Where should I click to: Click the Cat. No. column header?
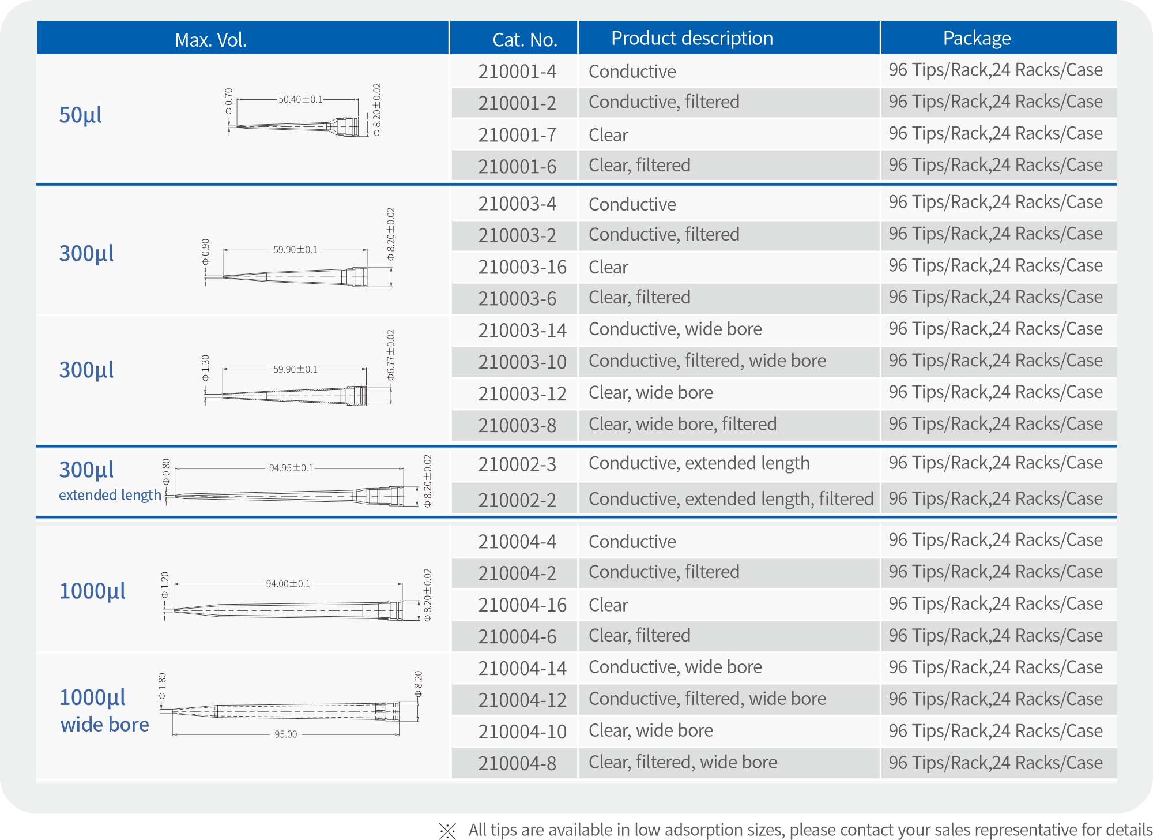pos(525,39)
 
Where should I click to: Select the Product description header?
pos(692,38)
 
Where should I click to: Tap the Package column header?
pos(977,38)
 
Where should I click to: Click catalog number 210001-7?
pos(517,135)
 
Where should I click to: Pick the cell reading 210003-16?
pos(522,267)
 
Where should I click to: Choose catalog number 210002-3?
pos(517,464)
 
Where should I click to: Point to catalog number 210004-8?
pos(517,763)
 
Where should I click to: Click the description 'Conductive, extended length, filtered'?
pos(731,498)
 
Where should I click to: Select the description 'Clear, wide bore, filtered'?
pos(683,424)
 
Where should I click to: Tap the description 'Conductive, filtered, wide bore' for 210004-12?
pos(707,699)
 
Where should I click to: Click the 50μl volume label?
pos(81,115)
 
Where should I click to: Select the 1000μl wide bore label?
pos(104,711)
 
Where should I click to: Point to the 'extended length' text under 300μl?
pos(110,495)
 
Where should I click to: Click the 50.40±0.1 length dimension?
pos(300,99)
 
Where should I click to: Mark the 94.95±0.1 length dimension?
pos(291,468)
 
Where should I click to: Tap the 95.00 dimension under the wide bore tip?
pos(286,734)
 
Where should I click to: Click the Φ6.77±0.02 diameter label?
pos(391,355)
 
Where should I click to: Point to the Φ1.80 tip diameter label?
pos(162,687)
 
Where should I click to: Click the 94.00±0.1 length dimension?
pos(288,584)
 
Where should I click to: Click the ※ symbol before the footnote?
pos(447,831)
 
